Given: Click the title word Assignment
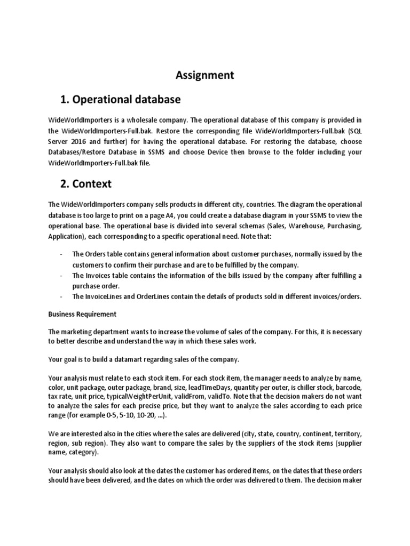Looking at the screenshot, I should coord(205,75).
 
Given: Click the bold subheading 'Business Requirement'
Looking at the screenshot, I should coord(82,314).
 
